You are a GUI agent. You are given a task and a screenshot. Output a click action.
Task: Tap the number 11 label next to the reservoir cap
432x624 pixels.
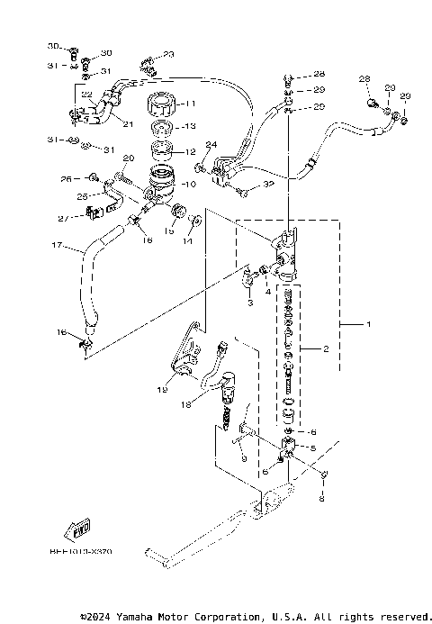192,104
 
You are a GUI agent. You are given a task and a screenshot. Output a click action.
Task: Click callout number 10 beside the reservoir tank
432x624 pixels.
189,184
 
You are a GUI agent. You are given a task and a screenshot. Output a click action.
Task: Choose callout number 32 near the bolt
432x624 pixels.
268,185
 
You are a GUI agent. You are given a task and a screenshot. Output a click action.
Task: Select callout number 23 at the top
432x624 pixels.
168,55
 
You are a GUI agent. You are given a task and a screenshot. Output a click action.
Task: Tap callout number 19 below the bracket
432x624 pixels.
161,390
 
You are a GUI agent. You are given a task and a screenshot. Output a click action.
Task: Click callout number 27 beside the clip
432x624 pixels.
62,218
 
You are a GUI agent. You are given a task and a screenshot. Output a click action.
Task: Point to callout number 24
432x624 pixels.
211,145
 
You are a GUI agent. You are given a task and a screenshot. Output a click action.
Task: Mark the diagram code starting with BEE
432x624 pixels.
87,550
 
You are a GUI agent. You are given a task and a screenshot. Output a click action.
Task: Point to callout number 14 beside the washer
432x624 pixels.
189,241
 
